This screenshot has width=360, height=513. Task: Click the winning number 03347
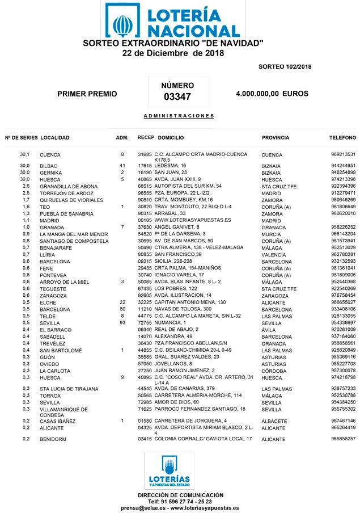(177, 96)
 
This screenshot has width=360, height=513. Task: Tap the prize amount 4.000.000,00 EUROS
(272, 93)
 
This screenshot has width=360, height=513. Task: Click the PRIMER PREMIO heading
(87, 94)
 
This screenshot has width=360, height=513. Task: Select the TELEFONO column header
(342, 138)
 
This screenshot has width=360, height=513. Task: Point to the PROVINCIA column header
(276, 138)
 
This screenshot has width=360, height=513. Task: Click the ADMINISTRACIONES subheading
(179, 116)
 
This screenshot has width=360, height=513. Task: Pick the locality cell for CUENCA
(50, 155)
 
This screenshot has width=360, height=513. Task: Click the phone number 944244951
(343, 166)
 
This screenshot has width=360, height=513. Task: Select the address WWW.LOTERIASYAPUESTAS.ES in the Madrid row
(193, 220)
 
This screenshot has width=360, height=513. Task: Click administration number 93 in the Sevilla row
(122, 323)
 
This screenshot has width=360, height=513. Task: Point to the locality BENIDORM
(53, 439)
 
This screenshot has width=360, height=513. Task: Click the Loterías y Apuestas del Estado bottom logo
(170, 470)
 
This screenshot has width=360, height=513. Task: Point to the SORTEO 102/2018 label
(285, 67)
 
